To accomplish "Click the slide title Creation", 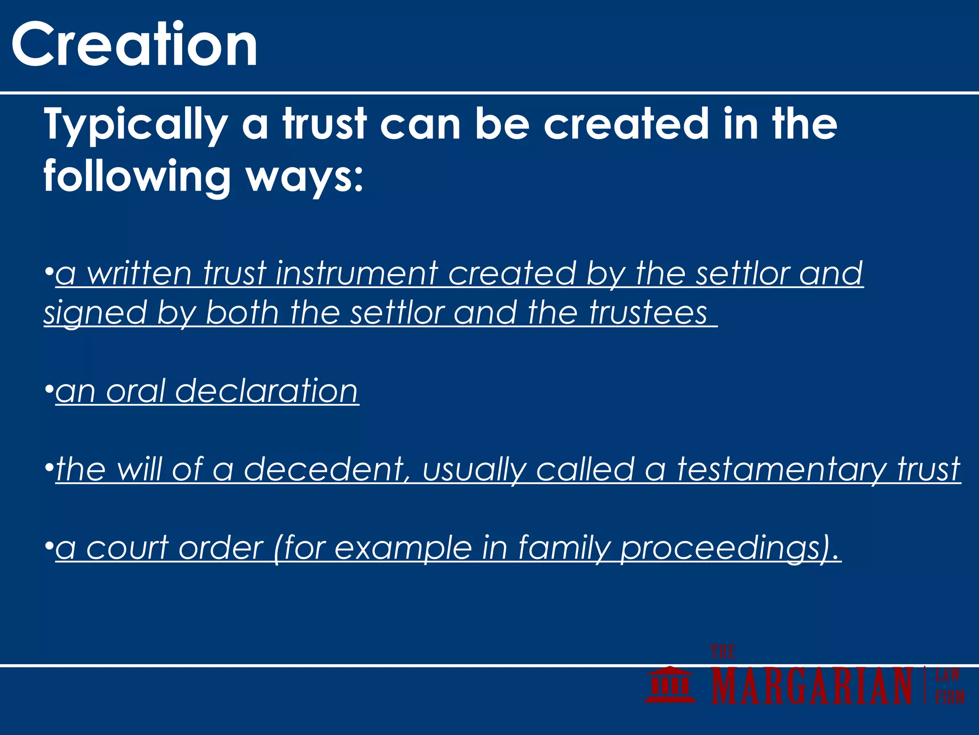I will coord(134,45).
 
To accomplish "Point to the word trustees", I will coord(648,313).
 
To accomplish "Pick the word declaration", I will coord(267,391).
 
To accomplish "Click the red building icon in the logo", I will coord(670,684).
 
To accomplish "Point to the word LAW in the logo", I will coord(947,675).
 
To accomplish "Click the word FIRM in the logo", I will coord(949,697).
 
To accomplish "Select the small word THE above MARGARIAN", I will coord(722,652).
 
